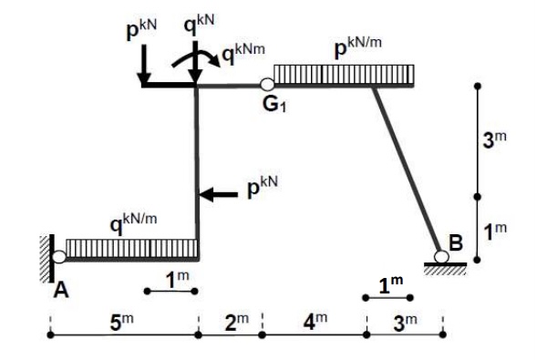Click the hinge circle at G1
[x=267, y=85]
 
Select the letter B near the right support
[x=456, y=242]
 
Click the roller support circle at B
[x=441, y=257]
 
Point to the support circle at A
[x=58, y=257]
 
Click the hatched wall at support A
[x=45, y=256]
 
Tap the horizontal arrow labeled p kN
[x=218, y=193]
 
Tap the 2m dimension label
[x=235, y=321]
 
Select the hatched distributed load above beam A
[x=132, y=248]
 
